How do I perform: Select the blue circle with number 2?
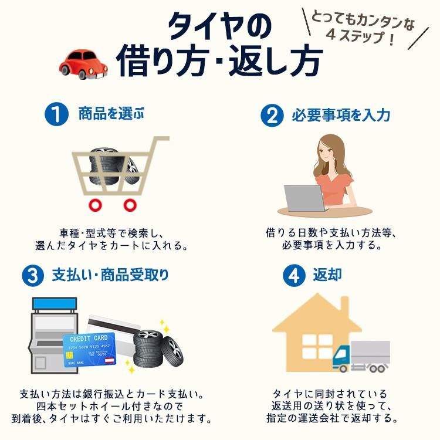point(272,115)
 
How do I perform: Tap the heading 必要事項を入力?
point(341,115)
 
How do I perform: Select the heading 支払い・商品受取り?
point(110,275)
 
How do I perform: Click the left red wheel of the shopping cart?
point(93,205)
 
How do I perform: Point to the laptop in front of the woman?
point(304,198)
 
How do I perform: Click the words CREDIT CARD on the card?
point(88,339)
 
